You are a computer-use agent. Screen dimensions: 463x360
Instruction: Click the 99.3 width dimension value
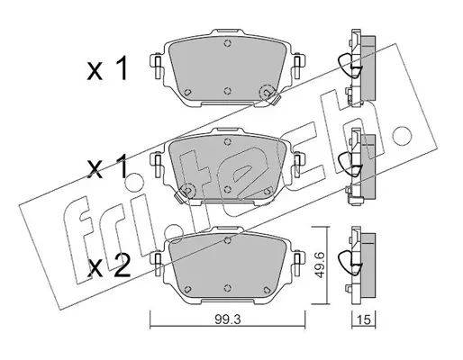coord(228,320)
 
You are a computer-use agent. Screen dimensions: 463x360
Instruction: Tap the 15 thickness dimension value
coord(364,320)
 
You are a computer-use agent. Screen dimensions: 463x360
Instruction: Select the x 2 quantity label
coord(109,265)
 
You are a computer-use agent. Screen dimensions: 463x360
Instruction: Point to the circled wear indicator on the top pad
coord(267,93)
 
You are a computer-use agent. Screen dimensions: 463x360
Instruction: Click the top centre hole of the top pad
coord(228,44)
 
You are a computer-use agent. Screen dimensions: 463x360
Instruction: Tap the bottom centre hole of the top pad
coord(228,91)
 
